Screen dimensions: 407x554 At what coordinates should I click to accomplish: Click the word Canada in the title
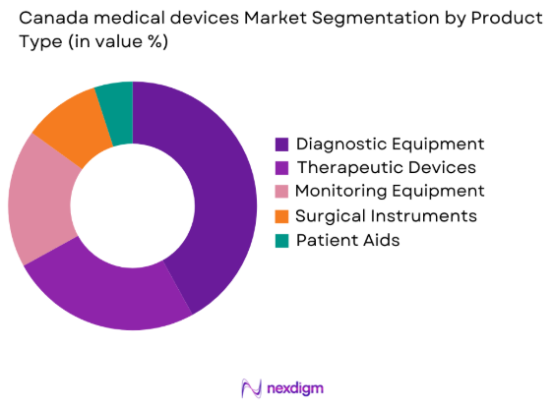(x=46, y=18)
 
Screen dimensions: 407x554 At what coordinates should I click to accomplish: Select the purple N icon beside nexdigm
(x=251, y=387)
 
